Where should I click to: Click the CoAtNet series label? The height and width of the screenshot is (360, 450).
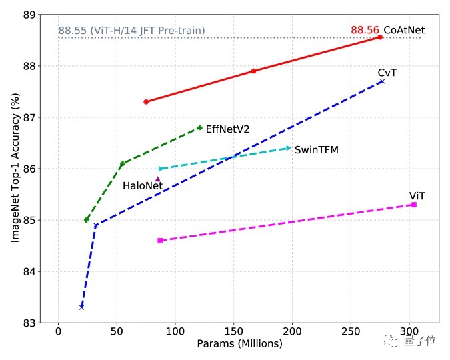(404, 30)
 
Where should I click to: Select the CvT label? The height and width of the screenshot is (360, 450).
(387, 72)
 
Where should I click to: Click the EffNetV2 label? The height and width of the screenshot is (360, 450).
(227, 129)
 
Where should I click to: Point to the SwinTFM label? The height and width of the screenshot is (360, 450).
(317, 150)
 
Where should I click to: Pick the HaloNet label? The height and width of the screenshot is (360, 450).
(143, 185)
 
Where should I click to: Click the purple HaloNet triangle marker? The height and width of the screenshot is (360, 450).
(158, 179)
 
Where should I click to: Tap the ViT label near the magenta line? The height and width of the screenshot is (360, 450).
(417, 196)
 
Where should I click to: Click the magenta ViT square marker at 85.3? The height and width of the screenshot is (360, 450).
(414, 205)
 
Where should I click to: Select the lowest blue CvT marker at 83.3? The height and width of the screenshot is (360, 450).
(81, 307)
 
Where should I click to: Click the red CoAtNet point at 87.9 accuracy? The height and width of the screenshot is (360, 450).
(254, 71)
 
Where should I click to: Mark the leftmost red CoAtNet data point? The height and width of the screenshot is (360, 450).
(146, 101)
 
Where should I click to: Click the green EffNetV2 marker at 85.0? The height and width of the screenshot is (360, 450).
(87, 220)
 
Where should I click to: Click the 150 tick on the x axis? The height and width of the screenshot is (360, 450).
(233, 331)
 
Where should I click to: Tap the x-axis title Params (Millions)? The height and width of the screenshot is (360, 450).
(239, 344)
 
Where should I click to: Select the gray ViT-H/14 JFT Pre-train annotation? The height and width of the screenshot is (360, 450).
(131, 30)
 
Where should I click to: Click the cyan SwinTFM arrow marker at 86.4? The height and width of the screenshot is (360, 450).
(289, 148)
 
